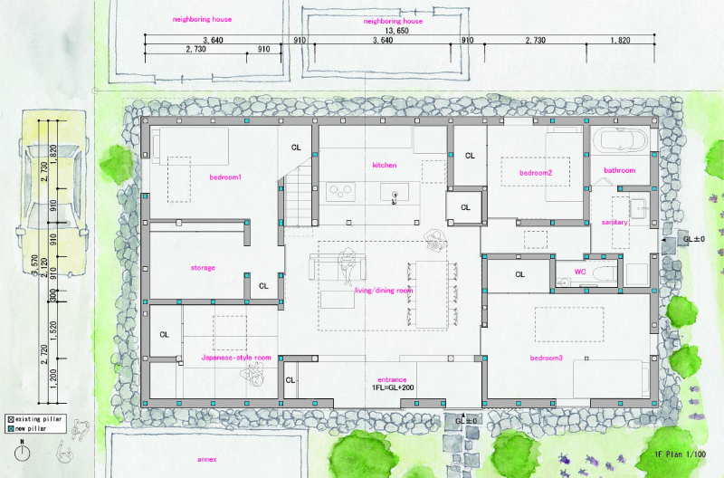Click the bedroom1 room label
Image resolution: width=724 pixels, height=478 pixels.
[225, 177]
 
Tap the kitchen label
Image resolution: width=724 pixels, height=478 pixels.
[385, 166]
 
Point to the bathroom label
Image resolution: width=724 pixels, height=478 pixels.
[620, 170]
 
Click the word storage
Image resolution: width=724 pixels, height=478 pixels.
[203, 268]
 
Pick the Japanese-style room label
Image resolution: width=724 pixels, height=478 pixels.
[236, 358]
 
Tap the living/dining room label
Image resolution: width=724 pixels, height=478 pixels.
[384, 291]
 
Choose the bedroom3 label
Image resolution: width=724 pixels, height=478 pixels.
[546, 358]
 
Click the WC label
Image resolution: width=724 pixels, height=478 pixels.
[580, 271]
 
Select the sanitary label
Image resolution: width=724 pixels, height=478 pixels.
[614, 222]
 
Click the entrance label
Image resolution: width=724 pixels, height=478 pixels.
[392, 378]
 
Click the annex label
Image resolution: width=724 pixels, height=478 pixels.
[209, 459]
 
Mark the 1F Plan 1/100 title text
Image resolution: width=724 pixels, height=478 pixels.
[680, 454]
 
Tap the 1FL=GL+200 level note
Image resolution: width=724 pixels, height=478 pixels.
[393, 387]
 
